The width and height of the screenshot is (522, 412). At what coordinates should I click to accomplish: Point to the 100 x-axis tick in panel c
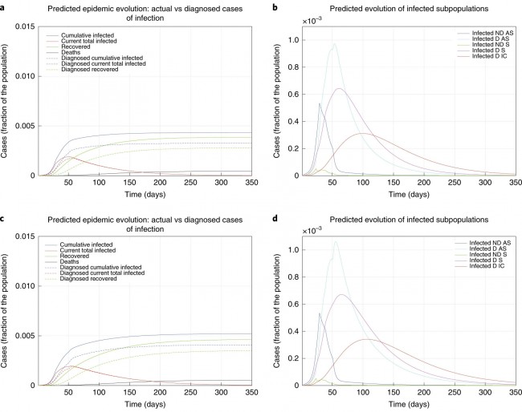click(x=99, y=393)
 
